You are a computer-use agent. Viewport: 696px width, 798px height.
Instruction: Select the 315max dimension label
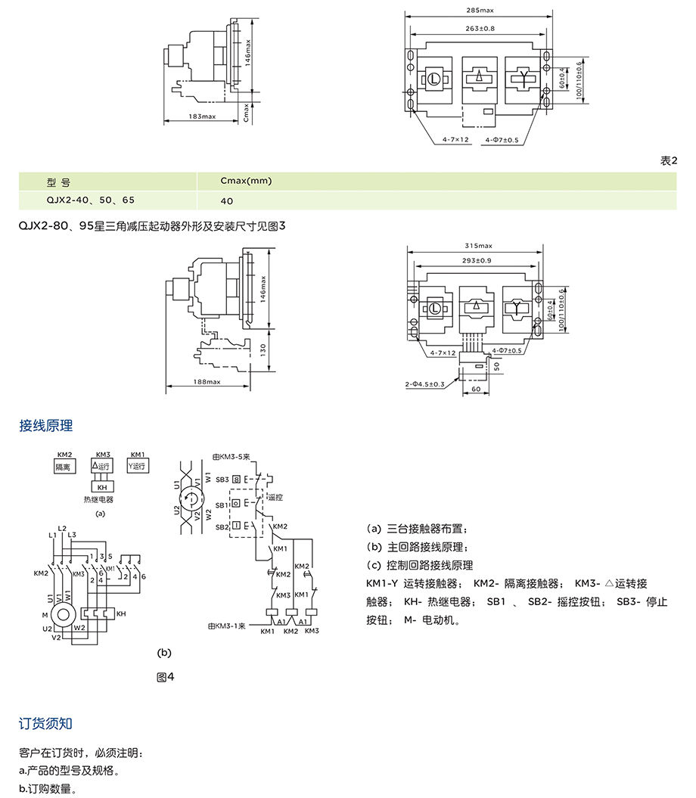(x=477, y=246)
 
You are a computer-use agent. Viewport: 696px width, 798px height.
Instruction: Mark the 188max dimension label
(x=206, y=382)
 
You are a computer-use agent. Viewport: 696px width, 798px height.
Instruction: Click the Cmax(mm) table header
(x=245, y=182)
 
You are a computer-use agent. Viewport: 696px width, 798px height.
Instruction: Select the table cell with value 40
(x=227, y=201)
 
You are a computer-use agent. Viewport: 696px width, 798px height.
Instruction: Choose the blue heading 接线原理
(x=46, y=426)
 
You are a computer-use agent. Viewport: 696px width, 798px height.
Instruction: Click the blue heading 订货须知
(x=46, y=724)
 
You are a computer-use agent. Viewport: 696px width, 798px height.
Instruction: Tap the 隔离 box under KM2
(x=64, y=467)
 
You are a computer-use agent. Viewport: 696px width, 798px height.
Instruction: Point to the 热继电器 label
(x=98, y=500)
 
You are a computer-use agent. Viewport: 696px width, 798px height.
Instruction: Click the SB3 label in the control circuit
(x=222, y=480)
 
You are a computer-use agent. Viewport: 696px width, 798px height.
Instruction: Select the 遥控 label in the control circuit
(x=275, y=498)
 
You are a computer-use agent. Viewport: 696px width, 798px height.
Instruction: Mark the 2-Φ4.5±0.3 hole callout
(x=424, y=384)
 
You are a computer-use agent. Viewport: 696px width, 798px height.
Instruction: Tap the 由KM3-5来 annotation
(x=232, y=457)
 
